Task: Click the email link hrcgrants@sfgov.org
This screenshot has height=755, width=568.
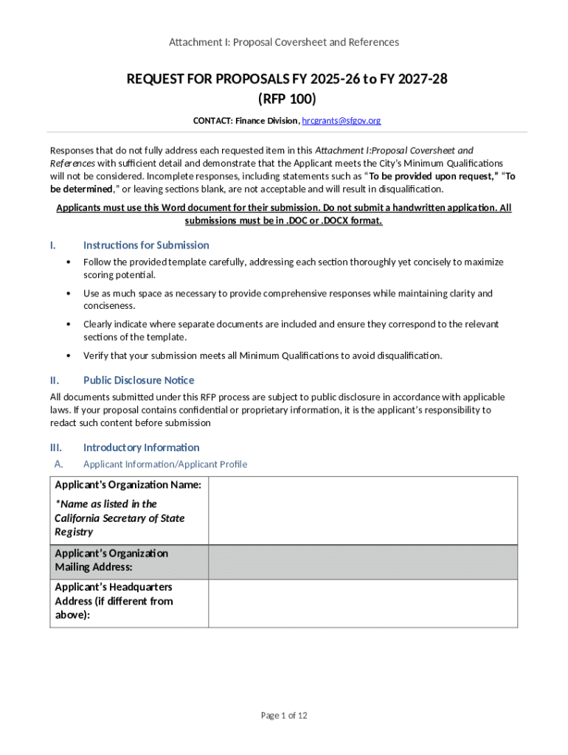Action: tap(341, 120)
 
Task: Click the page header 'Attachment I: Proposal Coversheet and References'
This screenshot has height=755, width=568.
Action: tap(284, 42)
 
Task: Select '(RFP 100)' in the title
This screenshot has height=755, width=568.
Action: tap(286, 98)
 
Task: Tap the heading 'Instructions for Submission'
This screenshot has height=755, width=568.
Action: tap(146, 245)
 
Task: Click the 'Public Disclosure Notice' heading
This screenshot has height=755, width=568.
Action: tap(139, 380)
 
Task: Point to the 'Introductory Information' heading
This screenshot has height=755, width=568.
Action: tap(141, 447)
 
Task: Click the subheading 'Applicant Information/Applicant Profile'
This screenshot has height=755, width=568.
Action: tap(165, 464)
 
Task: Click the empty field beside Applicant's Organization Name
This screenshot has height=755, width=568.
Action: tap(363, 510)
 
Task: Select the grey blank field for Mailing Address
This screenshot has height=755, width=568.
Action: tap(363, 561)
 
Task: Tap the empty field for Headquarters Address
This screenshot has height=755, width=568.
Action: tap(363, 602)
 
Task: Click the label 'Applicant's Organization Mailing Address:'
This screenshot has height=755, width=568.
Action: tap(111, 560)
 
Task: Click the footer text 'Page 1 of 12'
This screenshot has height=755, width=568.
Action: tap(284, 715)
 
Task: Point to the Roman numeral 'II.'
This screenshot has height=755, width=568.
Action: tap(55, 380)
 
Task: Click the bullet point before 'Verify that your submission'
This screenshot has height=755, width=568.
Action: tap(69, 355)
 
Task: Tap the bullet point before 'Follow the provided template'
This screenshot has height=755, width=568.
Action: tap(69, 262)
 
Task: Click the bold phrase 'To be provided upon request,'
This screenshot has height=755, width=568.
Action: tap(433, 175)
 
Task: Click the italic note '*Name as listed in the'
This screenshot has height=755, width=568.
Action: tap(105, 504)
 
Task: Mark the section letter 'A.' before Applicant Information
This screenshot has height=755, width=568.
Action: tap(59, 464)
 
